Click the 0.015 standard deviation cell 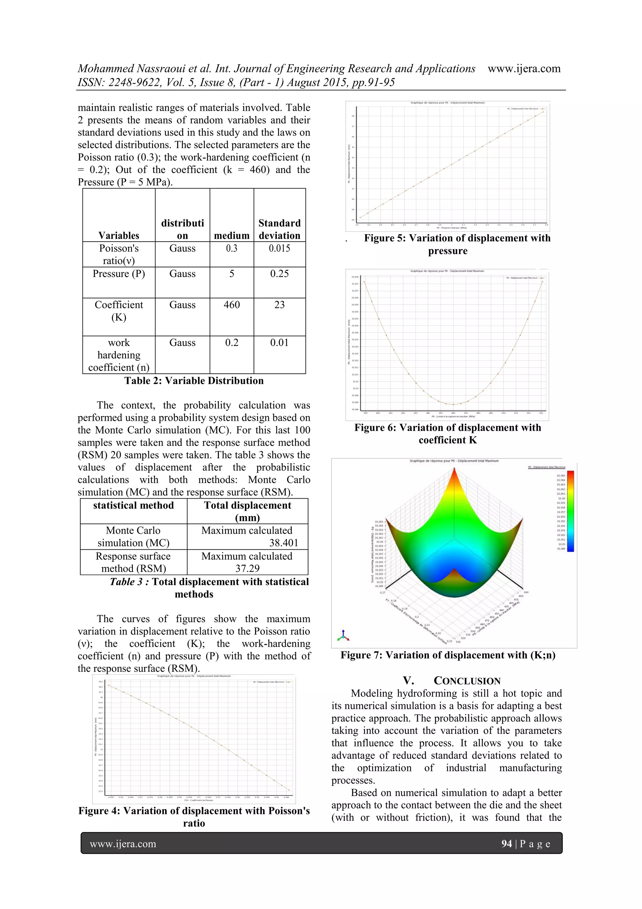click(x=279, y=248)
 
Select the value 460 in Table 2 click(x=231, y=305)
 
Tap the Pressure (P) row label click(x=119, y=274)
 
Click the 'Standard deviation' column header click(x=279, y=229)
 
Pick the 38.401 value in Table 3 click(x=284, y=543)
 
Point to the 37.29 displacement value click(x=247, y=569)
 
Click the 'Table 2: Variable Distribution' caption click(x=194, y=381)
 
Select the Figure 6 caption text click(x=447, y=434)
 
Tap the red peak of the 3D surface click(x=455, y=471)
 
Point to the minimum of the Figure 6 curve click(x=453, y=404)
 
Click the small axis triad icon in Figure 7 click(x=343, y=635)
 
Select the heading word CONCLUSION click(x=467, y=681)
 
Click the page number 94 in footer click(x=506, y=844)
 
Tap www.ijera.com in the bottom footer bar click(x=123, y=844)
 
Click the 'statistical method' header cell click(x=133, y=505)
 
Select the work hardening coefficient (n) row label click(x=119, y=355)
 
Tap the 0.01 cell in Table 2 click(x=279, y=343)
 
